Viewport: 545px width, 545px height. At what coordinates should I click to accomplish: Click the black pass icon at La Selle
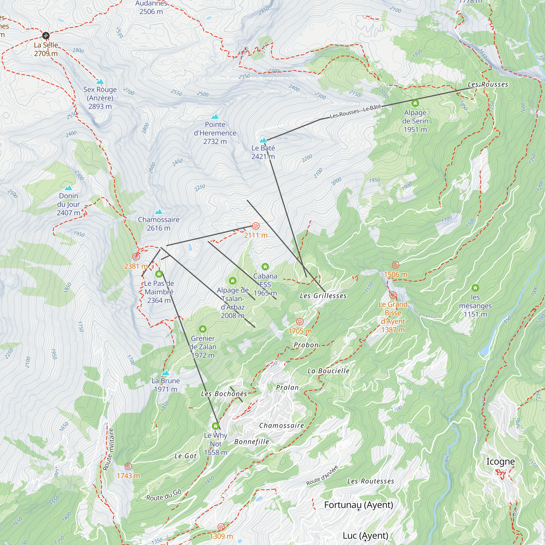coord(46,35)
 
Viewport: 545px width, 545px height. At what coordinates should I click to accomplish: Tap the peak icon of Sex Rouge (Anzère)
coord(100,82)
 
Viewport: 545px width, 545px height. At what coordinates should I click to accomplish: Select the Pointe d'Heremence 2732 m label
coord(215,133)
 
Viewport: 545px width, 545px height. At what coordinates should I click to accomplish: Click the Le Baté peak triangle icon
coord(263,140)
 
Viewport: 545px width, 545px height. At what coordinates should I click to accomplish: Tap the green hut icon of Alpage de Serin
coord(415,103)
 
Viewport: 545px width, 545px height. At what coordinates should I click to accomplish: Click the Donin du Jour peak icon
coord(69,188)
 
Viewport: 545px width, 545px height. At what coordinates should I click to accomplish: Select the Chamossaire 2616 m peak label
coord(159,224)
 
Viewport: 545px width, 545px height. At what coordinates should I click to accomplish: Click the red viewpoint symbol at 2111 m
coord(256,226)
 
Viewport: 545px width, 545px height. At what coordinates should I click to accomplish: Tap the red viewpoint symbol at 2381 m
coord(136,256)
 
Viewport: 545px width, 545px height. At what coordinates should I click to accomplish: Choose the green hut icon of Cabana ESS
coord(265,267)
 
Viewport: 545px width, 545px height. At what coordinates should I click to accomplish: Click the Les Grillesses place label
coord(323,296)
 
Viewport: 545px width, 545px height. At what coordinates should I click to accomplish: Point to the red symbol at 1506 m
coord(395,265)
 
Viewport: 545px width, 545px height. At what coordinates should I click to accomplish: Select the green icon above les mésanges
coord(475,288)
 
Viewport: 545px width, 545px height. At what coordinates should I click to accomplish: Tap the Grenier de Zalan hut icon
coord(203,329)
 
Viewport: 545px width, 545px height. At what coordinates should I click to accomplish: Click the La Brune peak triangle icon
coord(166,373)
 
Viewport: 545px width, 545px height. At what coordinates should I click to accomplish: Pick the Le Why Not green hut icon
coord(216,426)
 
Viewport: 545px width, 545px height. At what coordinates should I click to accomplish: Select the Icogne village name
coord(500,462)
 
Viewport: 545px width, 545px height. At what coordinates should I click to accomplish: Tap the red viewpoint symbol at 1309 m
coord(221,527)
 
